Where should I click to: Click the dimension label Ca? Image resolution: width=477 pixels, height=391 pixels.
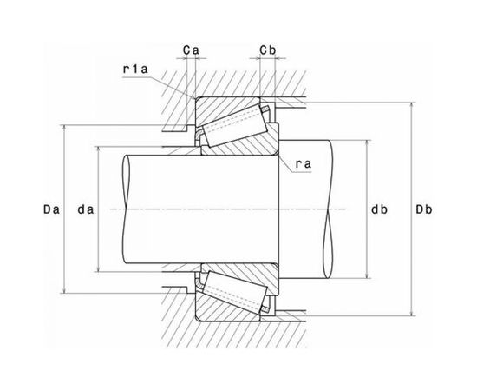coord(191,50)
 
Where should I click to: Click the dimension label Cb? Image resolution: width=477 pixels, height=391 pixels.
coord(268,50)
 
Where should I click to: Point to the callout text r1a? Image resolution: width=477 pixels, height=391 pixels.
coord(135,70)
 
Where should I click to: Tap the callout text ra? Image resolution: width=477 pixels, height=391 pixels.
coord(304,164)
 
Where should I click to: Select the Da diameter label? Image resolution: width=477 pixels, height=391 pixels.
coord(51,209)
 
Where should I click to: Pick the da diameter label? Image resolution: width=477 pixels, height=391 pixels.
coord(86,209)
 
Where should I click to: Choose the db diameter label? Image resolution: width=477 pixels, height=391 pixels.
coord(379,209)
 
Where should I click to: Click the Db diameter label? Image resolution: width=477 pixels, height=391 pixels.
coord(424,209)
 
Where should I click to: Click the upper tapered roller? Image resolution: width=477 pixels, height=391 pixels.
coord(235,126)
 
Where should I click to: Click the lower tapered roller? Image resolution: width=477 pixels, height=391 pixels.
coord(235,292)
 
